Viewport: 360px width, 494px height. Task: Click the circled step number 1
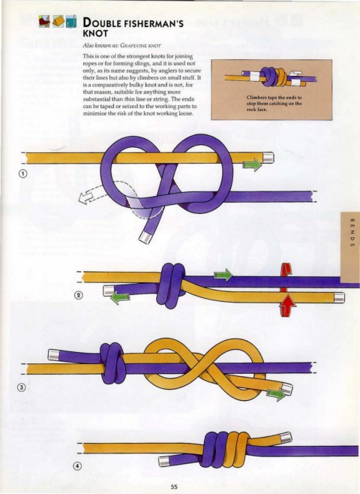[23, 173]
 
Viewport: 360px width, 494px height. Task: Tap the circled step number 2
[78, 295]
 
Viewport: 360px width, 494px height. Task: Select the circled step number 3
[21, 387]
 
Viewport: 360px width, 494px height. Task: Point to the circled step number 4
[77, 466]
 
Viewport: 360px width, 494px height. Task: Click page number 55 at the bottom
[174, 486]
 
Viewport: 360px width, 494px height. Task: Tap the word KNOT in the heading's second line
[95, 33]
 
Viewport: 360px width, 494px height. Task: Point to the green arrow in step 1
[253, 164]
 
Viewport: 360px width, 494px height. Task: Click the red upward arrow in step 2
[287, 305]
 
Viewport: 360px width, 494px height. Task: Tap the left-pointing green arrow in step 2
[120, 298]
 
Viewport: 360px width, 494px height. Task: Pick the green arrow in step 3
[276, 394]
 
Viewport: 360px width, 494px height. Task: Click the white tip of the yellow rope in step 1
[268, 158]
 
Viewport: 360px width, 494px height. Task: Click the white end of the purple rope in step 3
[53, 355]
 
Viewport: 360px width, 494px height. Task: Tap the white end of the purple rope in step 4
[164, 462]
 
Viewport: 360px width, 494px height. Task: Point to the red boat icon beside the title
[44, 22]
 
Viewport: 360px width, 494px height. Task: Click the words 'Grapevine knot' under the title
[140, 45]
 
